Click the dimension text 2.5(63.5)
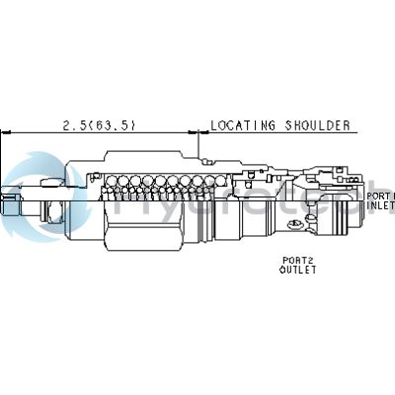pyautogui.click(x=99, y=125)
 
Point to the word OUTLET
pyautogui.click(x=298, y=270)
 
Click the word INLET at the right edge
pyautogui.click(x=381, y=205)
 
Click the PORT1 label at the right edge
pyautogui.click(x=381, y=196)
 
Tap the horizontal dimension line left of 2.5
pyautogui.click(x=35, y=131)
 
